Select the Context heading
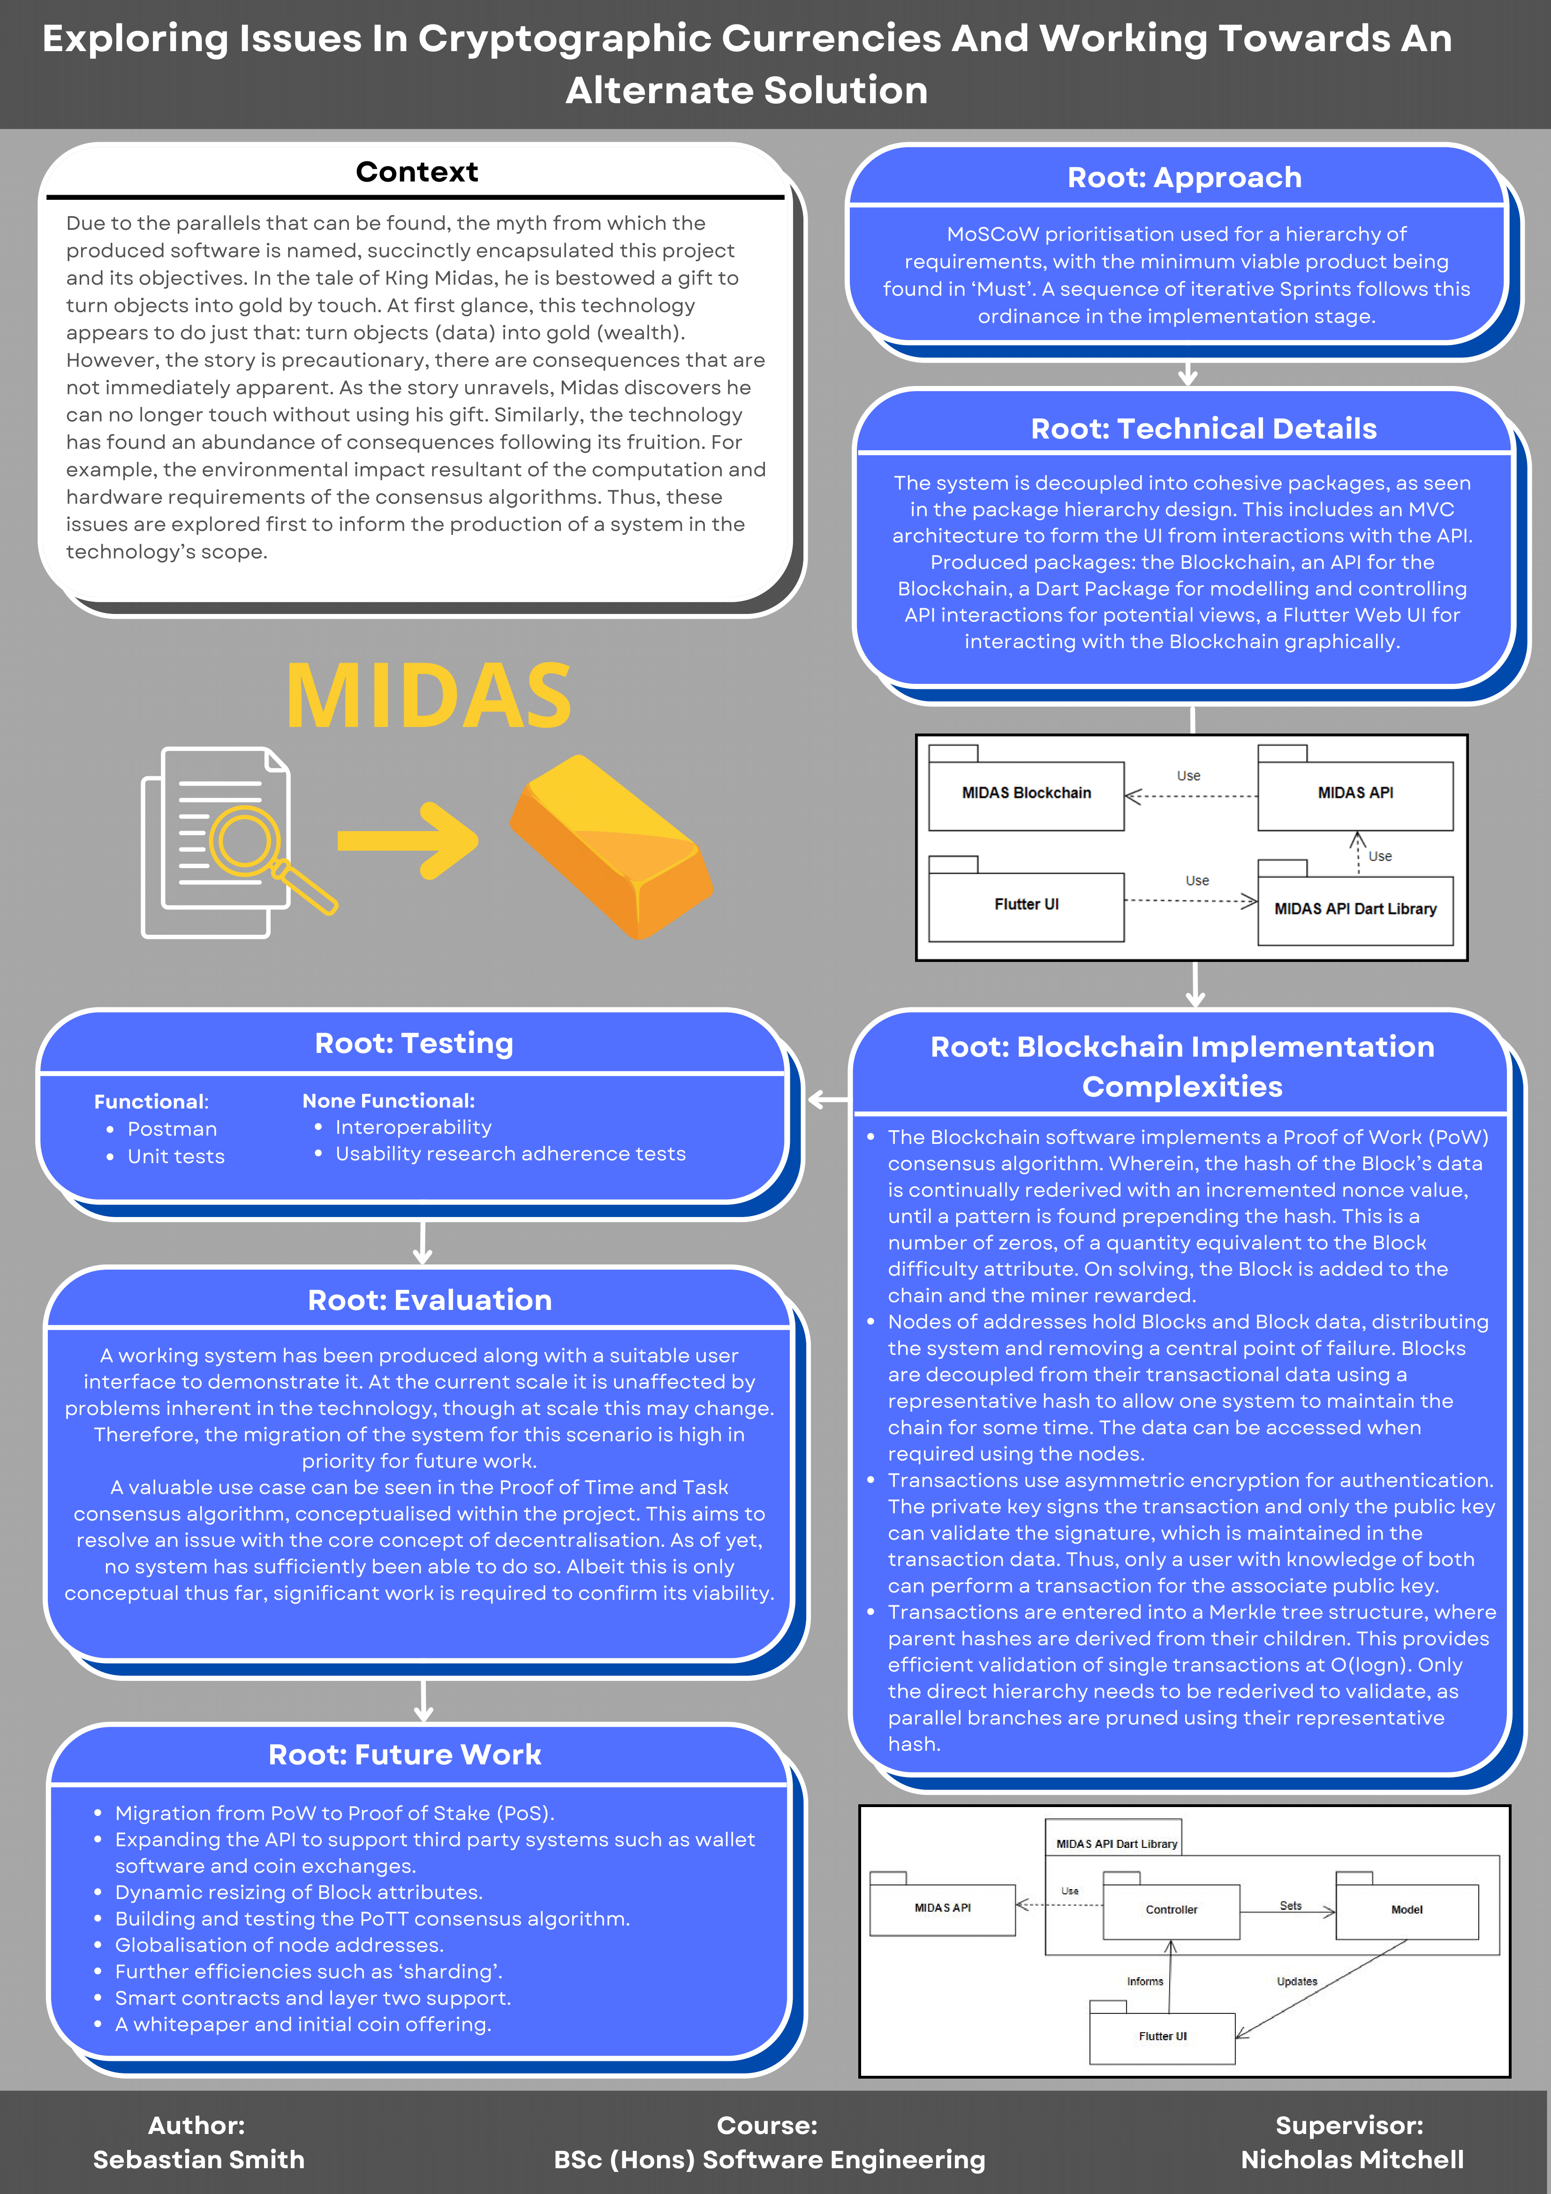416,172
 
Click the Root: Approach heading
1184,178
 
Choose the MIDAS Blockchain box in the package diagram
1026,793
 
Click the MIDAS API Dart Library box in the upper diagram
1355,909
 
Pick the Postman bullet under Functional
172,1129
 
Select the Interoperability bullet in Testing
413,1127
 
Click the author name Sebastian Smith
199,2160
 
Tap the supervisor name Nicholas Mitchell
1351,2160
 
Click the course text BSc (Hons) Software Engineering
769,2160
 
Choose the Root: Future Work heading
405,1755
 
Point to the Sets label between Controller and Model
1290,1906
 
